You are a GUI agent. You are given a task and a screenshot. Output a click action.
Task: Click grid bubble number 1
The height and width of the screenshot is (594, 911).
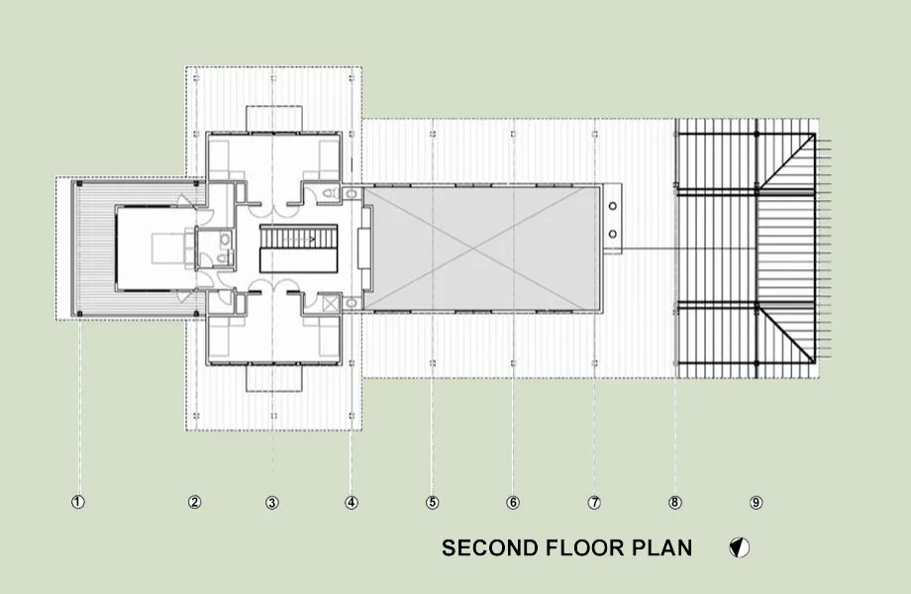click(x=78, y=502)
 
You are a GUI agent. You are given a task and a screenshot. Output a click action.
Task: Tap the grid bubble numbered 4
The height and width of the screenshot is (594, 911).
click(x=351, y=502)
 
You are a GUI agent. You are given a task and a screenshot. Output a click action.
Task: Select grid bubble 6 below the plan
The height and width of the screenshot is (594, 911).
click(x=513, y=502)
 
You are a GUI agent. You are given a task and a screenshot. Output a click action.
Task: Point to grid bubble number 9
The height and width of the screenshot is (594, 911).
click(x=756, y=502)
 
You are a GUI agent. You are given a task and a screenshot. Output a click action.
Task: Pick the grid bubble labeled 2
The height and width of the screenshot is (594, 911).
click(x=195, y=502)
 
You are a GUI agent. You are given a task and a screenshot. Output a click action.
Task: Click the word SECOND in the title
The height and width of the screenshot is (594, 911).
click(x=490, y=548)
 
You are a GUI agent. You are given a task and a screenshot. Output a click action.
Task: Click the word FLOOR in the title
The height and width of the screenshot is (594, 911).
click(x=584, y=548)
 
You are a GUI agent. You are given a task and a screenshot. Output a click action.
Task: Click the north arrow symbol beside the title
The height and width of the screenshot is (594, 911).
click(x=740, y=547)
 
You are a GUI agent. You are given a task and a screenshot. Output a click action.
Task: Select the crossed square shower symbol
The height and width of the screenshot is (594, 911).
click(x=331, y=303)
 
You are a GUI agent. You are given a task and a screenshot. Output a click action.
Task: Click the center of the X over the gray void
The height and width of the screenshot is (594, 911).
click(x=476, y=248)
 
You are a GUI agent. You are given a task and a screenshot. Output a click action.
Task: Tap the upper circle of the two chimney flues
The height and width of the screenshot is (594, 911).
click(x=612, y=206)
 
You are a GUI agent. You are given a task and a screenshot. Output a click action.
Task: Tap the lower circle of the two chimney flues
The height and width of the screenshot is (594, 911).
click(x=612, y=234)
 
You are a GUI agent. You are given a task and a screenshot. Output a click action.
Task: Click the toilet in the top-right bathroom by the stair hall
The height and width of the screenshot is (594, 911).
click(x=330, y=193)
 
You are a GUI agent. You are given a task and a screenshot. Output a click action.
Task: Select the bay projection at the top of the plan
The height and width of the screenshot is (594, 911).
click(x=274, y=119)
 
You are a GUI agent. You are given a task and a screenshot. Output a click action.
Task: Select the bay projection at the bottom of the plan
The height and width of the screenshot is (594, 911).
click(x=274, y=378)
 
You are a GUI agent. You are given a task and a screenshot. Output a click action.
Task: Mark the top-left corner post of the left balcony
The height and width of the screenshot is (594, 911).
click(x=79, y=183)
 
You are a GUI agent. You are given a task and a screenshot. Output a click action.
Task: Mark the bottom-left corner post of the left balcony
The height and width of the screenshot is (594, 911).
click(x=79, y=314)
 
